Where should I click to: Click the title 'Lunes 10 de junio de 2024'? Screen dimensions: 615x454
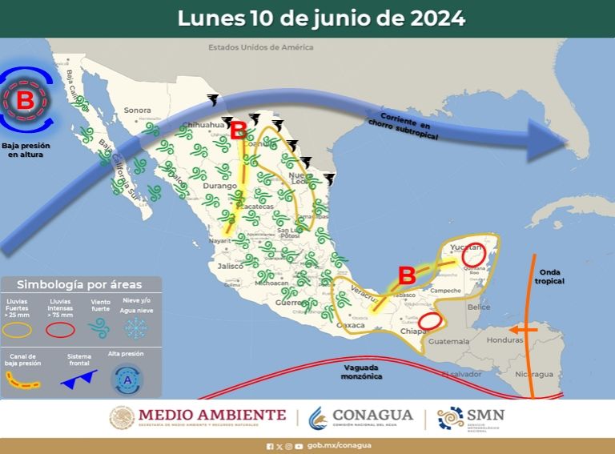(x=321, y=18)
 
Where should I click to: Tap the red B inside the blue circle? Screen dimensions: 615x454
(x=26, y=101)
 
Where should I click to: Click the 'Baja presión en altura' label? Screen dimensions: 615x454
(x=22, y=150)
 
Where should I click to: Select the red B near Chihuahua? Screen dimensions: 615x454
(x=239, y=131)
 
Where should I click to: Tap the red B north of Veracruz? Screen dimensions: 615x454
(x=407, y=276)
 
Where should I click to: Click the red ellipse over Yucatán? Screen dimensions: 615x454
(x=474, y=255)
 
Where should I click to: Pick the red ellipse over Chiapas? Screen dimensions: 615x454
(x=431, y=321)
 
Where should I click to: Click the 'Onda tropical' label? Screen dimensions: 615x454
(x=551, y=276)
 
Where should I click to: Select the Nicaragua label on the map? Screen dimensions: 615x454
(x=533, y=374)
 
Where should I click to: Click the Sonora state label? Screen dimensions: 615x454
(x=137, y=110)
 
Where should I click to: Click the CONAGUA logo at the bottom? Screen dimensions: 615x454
(x=361, y=417)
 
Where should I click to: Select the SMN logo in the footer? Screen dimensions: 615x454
(x=472, y=417)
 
